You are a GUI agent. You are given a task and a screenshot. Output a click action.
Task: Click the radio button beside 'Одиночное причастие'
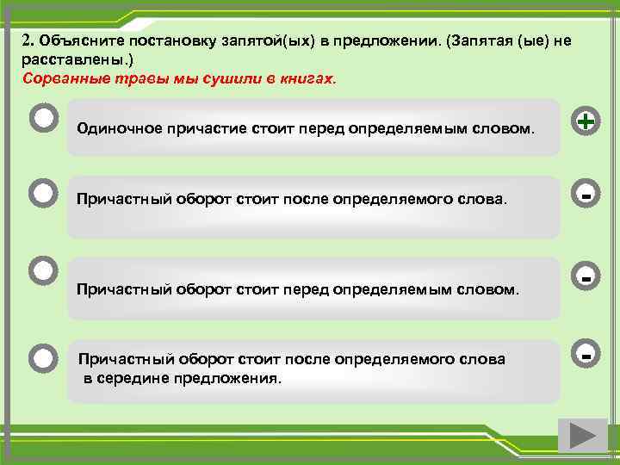point(43,119)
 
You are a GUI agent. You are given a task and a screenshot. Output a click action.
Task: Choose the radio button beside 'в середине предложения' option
point(43,356)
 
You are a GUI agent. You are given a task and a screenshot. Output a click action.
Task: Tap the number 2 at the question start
point(26,41)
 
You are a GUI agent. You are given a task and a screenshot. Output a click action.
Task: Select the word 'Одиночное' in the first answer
point(113,128)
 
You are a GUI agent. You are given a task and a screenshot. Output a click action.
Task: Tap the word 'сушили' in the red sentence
point(233,78)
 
